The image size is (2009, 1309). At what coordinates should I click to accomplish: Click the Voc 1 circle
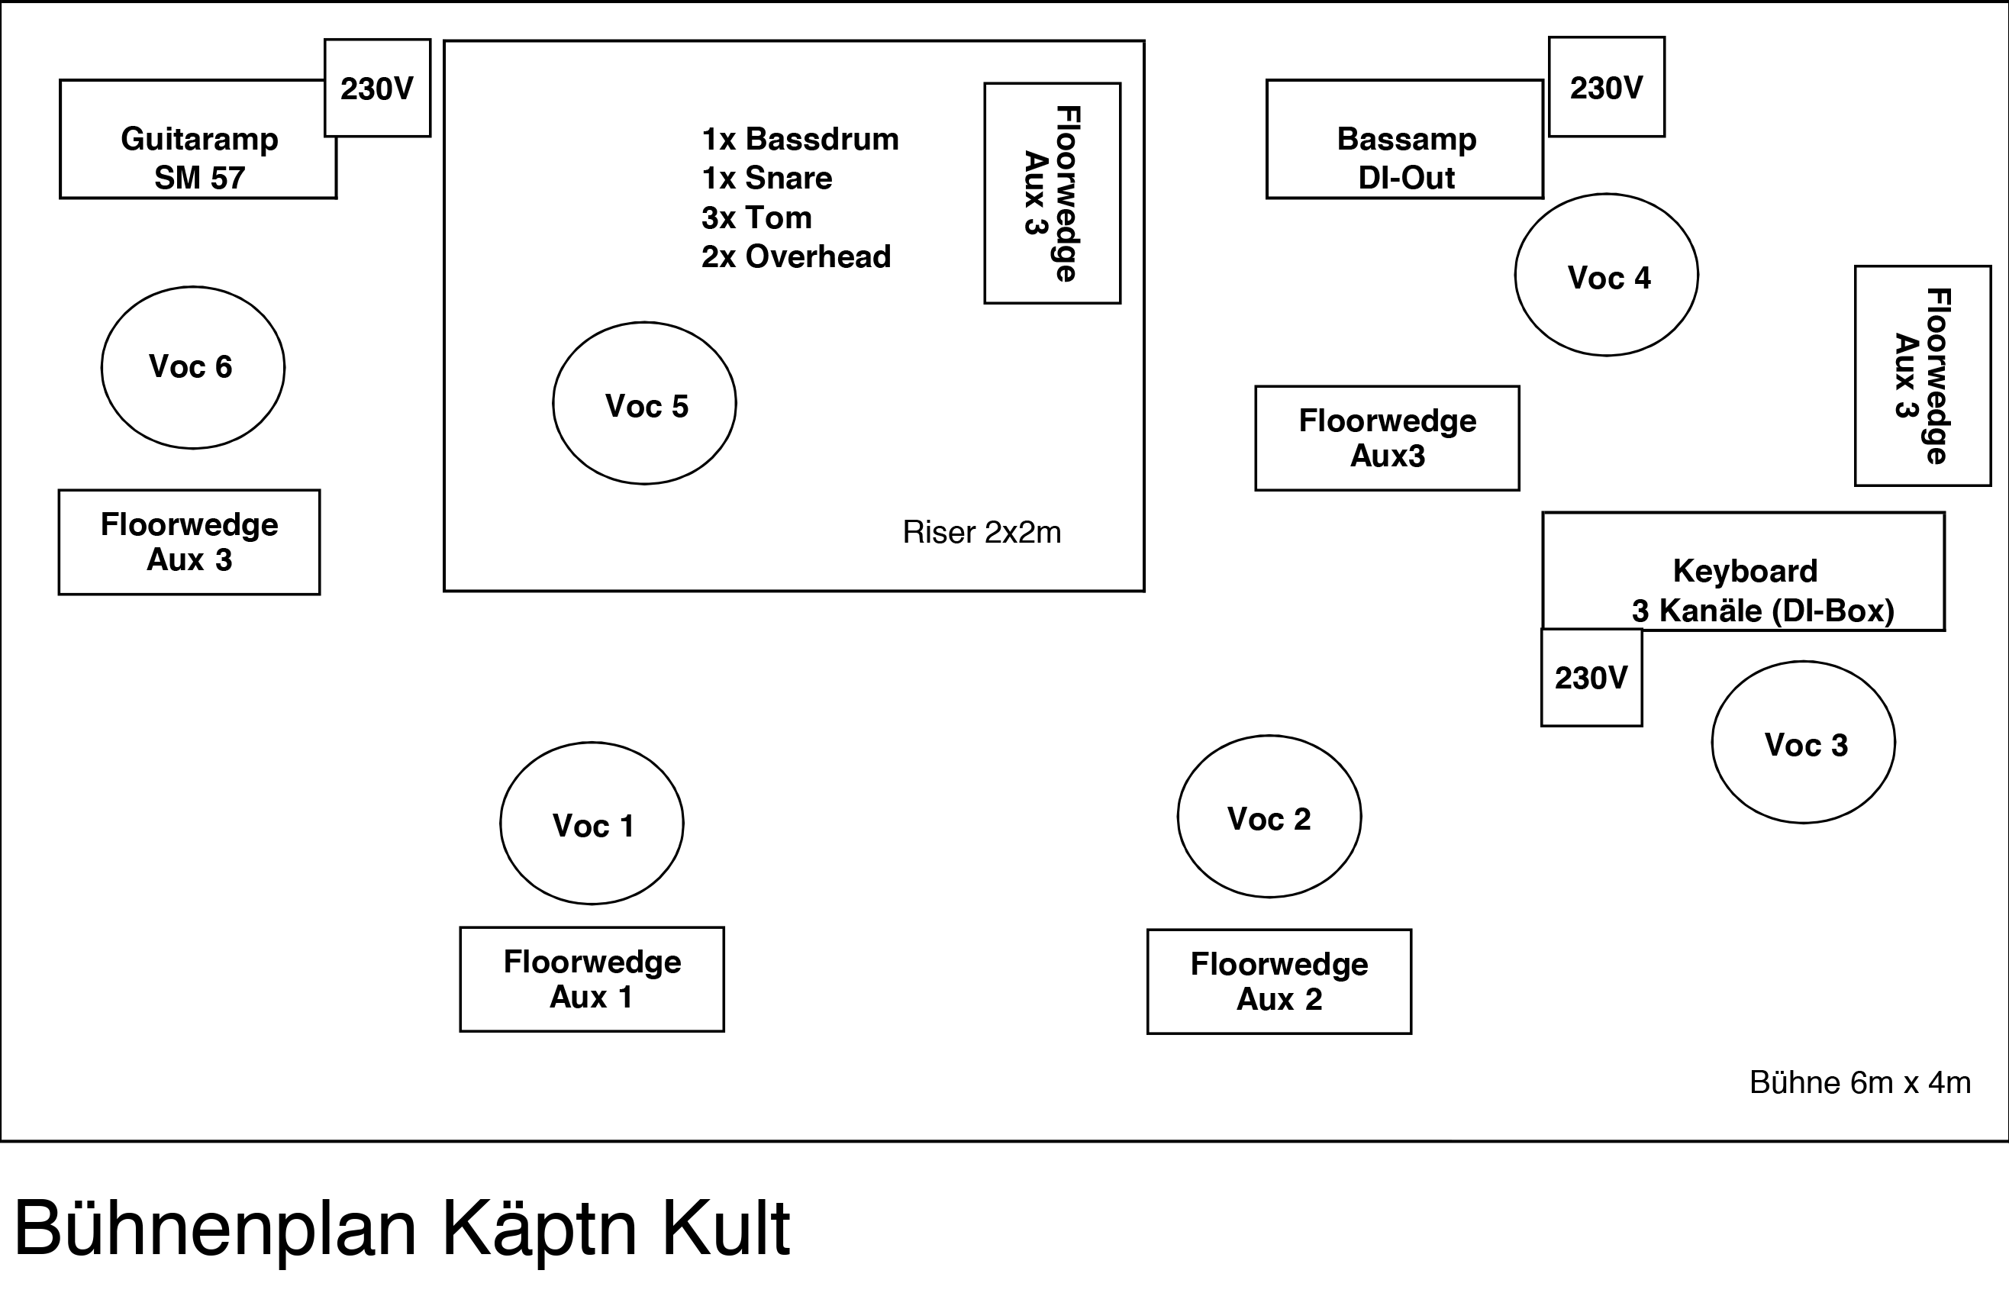click(591, 823)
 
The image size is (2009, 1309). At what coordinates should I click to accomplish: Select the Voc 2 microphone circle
click(1269, 816)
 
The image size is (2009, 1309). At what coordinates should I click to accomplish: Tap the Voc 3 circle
click(1803, 743)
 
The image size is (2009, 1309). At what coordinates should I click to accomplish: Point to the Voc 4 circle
click(1605, 275)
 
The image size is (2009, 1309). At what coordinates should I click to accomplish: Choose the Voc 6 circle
click(192, 367)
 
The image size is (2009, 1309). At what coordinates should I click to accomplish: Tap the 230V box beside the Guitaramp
click(377, 88)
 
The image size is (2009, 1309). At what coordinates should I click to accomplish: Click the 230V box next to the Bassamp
click(1605, 87)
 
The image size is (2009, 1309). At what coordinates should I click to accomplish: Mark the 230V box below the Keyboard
click(1591, 677)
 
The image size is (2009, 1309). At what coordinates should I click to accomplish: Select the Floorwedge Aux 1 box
click(591, 979)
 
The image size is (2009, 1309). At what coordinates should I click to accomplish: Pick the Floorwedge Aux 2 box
click(1279, 981)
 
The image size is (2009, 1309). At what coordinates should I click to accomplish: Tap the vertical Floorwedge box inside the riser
click(1052, 193)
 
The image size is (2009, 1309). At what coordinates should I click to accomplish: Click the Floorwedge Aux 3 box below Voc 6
click(189, 542)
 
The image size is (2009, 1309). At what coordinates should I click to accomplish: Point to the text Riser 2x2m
click(981, 533)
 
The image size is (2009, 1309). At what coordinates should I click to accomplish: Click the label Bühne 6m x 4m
click(1859, 1082)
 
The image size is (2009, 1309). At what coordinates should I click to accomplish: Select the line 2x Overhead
click(795, 256)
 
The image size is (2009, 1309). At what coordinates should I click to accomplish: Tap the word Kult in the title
click(725, 1228)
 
